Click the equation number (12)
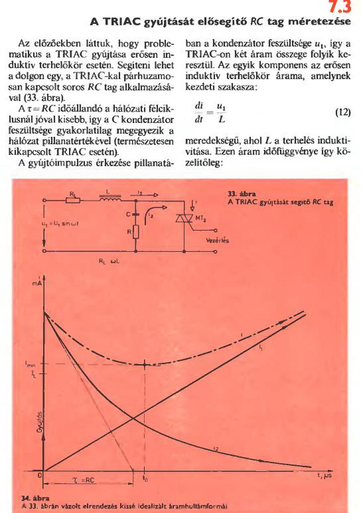pyautogui.click(x=343, y=112)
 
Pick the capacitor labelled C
pyautogui.click(x=136, y=215)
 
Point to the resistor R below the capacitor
pyautogui.click(x=136, y=232)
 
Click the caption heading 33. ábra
pyautogui.click(x=238, y=194)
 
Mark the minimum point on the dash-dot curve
pyautogui.click(x=145, y=364)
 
